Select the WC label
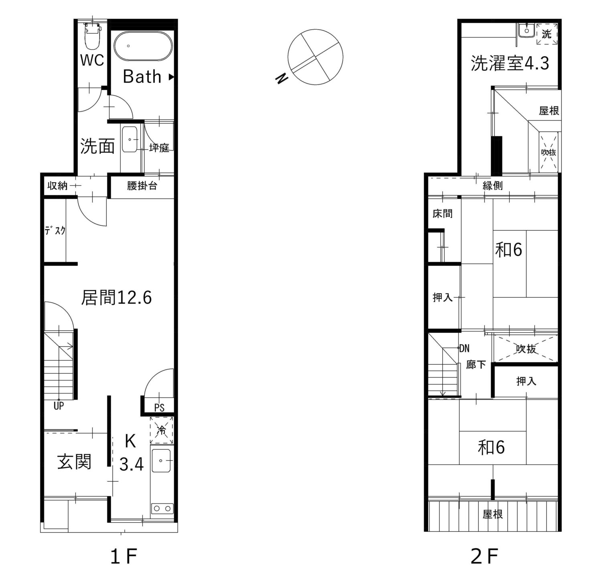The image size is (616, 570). tap(92, 60)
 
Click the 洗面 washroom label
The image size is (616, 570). tap(97, 146)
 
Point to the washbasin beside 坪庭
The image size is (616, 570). tap(130, 140)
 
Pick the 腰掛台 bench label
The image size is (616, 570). tap(142, 186)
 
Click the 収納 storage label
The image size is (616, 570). tap(57, 186)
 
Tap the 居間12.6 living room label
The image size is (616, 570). tap(116, 298)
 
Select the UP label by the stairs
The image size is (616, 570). tap(59, 406)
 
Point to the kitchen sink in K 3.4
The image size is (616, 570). tap(161, 461)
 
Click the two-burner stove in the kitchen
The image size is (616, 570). tap(162, 509)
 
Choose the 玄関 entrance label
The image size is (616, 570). tap(75, 462)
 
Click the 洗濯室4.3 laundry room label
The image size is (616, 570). tap(509, 63)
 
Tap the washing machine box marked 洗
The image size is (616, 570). tap(547, 34)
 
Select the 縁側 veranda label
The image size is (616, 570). tap(492, 186)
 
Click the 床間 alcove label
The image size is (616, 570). tap(442, 213)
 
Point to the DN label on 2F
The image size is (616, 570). tap(464, 349)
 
